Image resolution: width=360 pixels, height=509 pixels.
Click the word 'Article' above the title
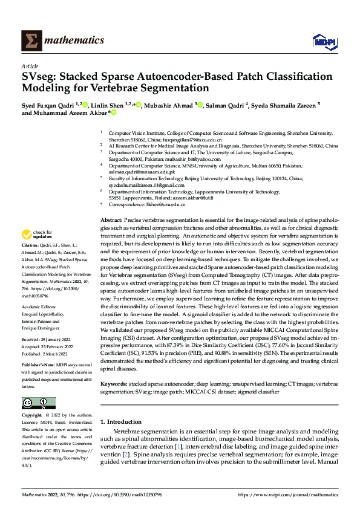(29, 66)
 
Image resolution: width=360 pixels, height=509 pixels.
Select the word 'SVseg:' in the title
(41, 77)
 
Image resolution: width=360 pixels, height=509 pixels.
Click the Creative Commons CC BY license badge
(38, 403)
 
